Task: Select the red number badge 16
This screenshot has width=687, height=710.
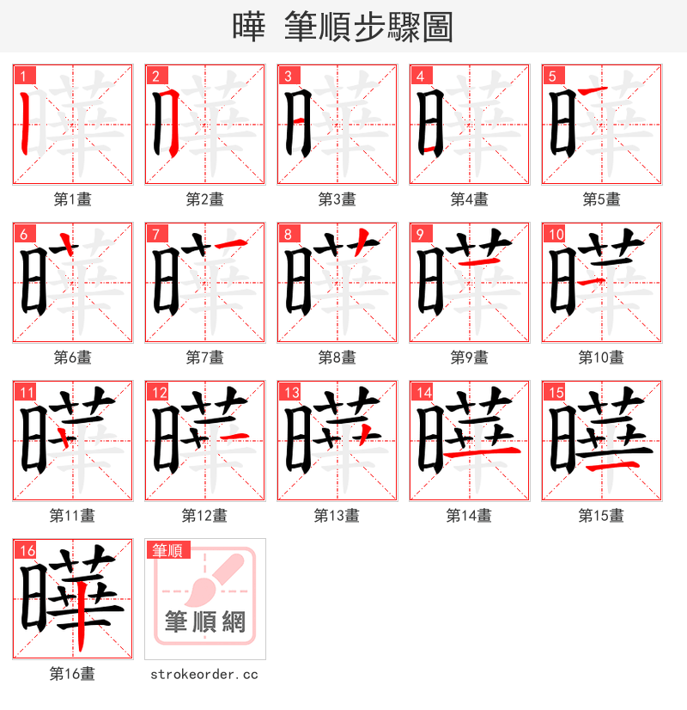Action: (25, 550)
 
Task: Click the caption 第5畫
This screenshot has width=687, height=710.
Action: (601, 199)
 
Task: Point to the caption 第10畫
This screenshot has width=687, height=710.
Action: (601, 358)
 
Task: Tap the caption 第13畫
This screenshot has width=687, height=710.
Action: (337, 516)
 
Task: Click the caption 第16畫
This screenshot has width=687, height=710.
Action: (72, 674)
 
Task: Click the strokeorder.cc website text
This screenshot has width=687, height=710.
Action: (204, 675)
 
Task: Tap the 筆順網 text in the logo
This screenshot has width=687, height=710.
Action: (205, 621)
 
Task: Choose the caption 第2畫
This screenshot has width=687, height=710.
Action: (204, 199)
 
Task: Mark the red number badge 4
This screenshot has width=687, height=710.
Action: (420, 76)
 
